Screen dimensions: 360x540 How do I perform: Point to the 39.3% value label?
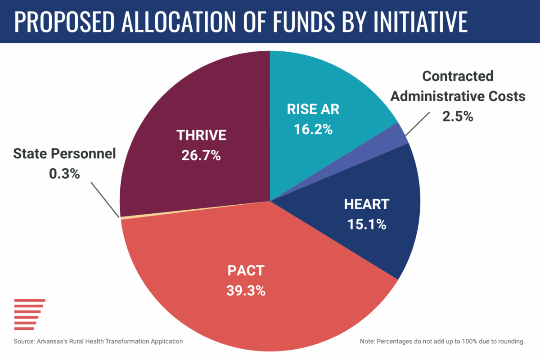click(246, 290)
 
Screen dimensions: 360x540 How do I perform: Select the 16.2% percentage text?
click(313, 130)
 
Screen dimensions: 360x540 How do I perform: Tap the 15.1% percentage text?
click(367, 224)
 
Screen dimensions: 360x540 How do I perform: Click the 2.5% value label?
click(458, 117)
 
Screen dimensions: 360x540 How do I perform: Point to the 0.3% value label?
click(64, 174)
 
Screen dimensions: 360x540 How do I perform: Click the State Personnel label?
click(64, 153)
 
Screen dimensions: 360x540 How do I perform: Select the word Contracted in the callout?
click(458, 76)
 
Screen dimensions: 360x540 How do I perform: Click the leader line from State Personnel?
click(105, 199)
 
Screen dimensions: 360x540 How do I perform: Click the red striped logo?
click(29, 314)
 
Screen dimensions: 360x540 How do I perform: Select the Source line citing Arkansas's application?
click(98, 342)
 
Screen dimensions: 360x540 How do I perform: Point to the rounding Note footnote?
click(442, 342)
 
